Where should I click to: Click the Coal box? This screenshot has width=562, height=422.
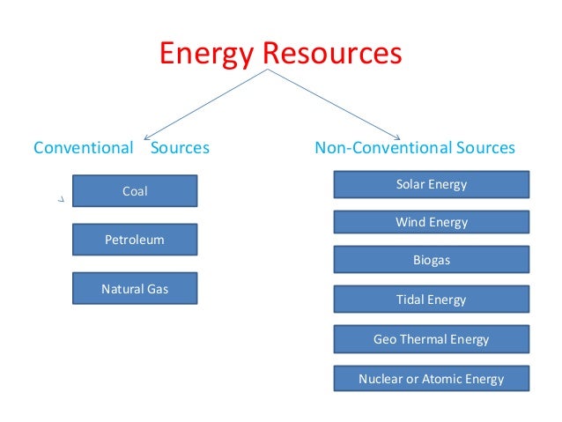[135, 190]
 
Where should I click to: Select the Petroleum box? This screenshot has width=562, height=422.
[135, 240]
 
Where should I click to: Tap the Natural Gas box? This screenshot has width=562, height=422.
[135, 288]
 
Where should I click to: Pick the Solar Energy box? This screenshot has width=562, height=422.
[432, 184]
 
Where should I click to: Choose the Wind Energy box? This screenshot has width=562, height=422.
[432, 223]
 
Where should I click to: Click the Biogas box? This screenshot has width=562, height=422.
[432, 261]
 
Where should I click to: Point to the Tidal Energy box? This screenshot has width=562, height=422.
[432, 300]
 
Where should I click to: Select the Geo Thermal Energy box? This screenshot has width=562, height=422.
[432, 339]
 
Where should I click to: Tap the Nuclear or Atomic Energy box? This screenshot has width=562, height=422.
[432, 379]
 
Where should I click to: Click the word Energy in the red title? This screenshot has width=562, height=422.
[208, 55]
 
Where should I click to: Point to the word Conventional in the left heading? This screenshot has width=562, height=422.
[83, 148]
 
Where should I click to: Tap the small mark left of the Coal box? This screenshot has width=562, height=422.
[61, 201]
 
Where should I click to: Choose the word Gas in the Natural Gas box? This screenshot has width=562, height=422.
[159, 288]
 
